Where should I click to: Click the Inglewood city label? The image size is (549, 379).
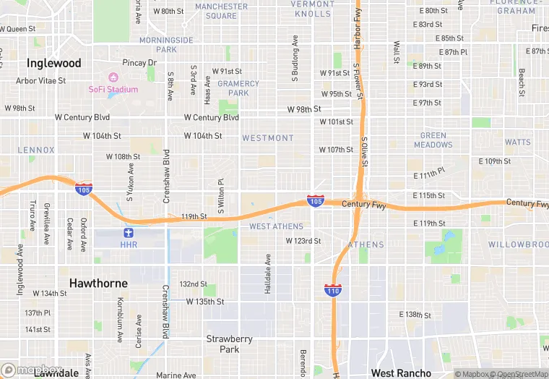(x=54, y=63)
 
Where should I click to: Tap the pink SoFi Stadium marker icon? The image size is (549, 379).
(x=113, y=77)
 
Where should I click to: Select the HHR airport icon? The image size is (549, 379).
(x=129, y=233)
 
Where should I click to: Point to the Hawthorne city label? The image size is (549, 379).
(x=98, y=283)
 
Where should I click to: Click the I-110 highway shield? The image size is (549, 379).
(x=333, y=289)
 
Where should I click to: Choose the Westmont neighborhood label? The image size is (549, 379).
(x=267, y=138)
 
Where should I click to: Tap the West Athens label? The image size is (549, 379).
(x=276, y=226)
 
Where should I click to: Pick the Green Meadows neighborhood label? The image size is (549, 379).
(x=433, y=140)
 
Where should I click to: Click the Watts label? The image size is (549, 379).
(x=517, y=142)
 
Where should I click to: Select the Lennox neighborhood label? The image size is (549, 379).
(x=36, y=150)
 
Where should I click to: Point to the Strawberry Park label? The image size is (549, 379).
(x=229, y=344)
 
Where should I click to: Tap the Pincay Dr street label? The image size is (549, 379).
(x=139, y=63)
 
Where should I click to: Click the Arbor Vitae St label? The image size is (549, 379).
(x=41, y=81)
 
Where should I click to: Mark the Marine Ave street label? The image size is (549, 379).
(x=176, y=375)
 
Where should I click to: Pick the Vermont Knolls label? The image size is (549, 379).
(x=313, y=9)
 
